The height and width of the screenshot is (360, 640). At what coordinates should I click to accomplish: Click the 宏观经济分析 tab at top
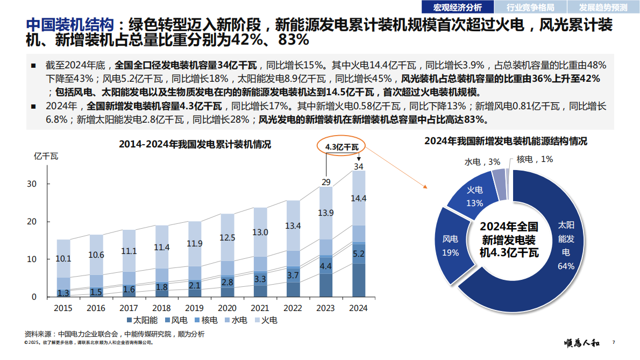458,7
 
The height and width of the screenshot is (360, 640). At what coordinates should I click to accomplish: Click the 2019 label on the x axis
195,308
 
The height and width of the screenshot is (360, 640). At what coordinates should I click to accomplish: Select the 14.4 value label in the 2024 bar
359,199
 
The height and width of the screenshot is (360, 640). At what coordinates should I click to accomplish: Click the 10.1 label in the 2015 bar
63,259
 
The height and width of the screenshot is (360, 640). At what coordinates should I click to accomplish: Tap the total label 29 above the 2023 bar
326,182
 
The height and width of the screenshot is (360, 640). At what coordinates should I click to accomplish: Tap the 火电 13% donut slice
474,196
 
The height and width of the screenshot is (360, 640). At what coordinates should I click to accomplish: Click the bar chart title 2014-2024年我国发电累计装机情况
195,145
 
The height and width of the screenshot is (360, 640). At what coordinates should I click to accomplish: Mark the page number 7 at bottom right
614,342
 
